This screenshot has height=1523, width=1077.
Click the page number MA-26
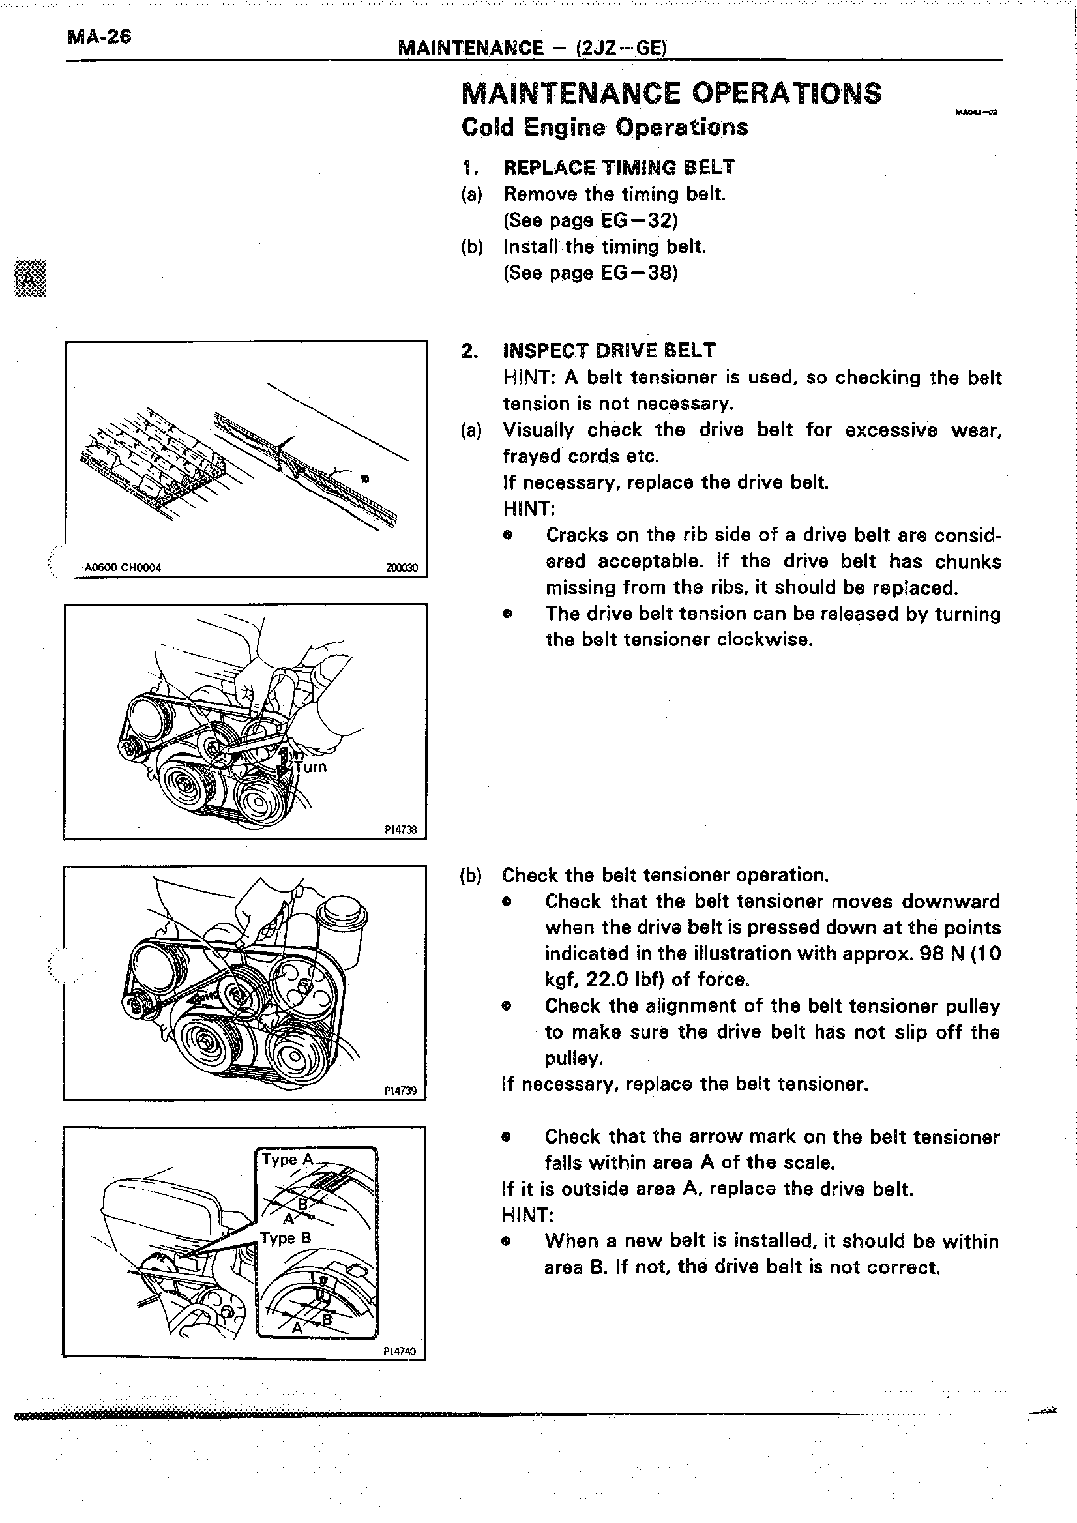point(99,37)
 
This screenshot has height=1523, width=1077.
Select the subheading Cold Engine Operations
point(604,126)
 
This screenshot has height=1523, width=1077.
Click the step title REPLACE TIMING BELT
point(619,167)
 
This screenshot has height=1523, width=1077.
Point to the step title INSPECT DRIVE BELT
point(609,350)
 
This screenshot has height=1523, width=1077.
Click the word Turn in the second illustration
point(311,767)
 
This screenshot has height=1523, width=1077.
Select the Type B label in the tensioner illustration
point(286,1238)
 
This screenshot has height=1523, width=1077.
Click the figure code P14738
point(400,829)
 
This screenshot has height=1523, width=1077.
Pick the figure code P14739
point(400,1091)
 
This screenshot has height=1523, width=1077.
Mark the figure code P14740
point(400,1350)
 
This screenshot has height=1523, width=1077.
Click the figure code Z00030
point(401,568)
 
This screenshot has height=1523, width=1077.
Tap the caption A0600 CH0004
point(123,568)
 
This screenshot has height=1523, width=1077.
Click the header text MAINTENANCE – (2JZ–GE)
point(532,48)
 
